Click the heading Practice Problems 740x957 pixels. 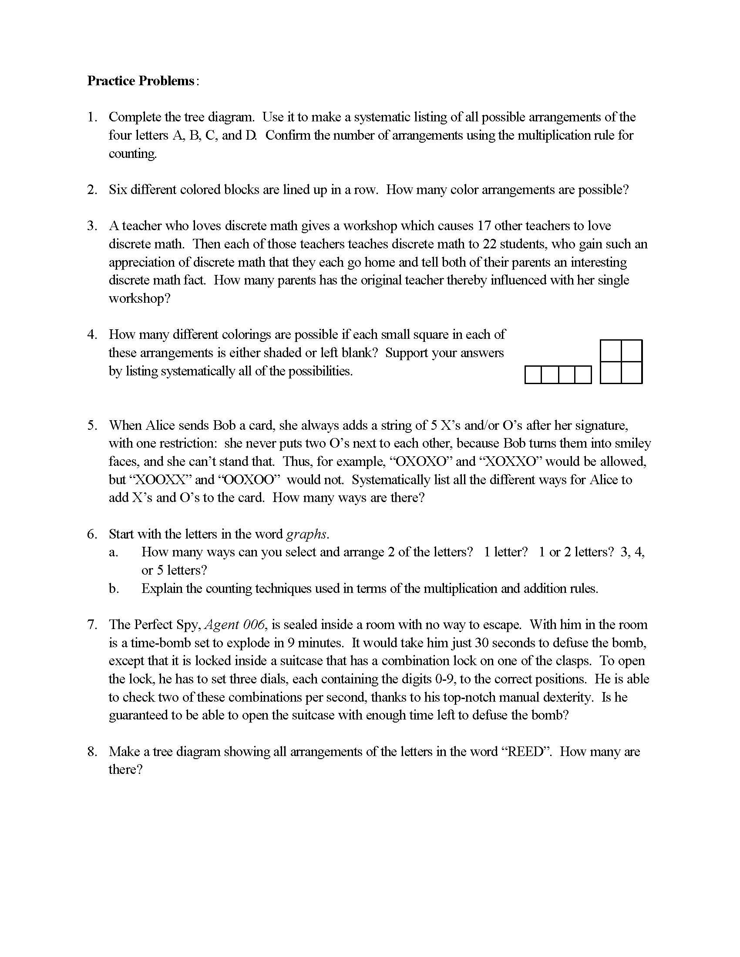coord(141,81)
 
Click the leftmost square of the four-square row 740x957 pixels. coord(533,375)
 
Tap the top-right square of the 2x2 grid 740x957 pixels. coord(632,351)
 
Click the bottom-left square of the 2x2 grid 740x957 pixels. coord(611,372)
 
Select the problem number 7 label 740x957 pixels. coord(91,625)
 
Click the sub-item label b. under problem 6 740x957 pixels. coord(114,589)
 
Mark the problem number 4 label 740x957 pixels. coord(91,335)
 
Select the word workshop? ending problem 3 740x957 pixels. coord(139,298)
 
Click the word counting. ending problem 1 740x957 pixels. coord(133,154)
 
